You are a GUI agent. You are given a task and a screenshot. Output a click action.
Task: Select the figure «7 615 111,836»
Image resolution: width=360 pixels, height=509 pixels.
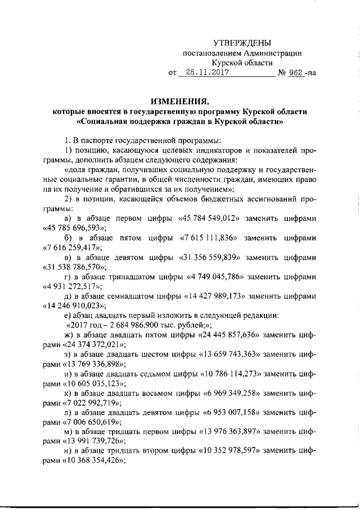[x=210, y=238]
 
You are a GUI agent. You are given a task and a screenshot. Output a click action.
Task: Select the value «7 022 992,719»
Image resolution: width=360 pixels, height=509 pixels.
[x=84, y=403]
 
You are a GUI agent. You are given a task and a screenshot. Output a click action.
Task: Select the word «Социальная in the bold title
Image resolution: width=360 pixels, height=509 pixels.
[x=103, y=121]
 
